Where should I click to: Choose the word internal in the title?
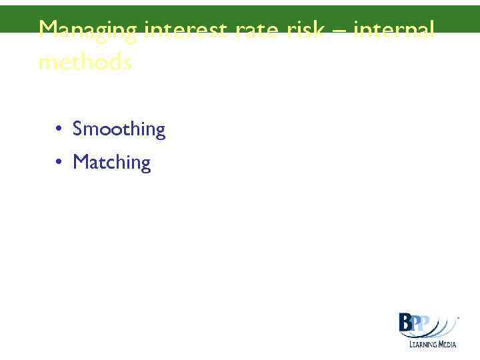[x=394, y=31]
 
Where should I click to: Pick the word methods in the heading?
[x=85, y=63]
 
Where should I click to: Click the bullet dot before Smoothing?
[x=59, y=128]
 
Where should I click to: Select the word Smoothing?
[x=119, y=129]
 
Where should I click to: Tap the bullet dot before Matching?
[x=59, y=161]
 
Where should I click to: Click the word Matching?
[x=112, y=162]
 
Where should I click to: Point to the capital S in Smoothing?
[x=77, y=128]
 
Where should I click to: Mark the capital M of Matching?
[x=80, y=161]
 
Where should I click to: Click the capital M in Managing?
[x=48, y=31]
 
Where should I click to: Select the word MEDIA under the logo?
[x=446, y=344]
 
